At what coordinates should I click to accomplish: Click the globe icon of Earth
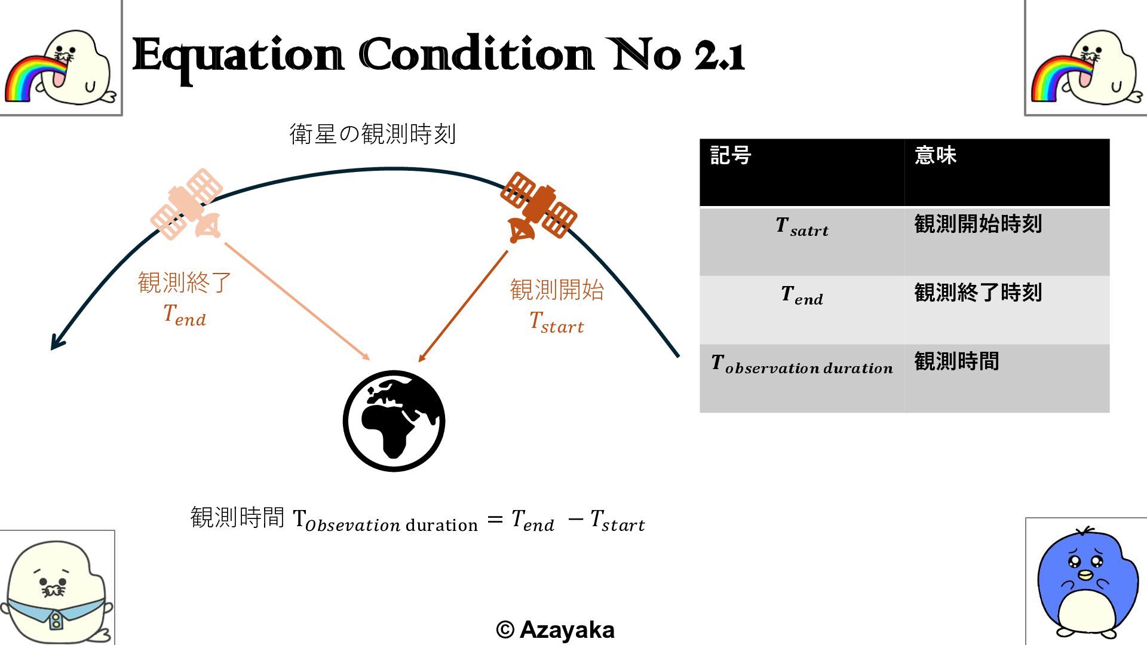(394, 421)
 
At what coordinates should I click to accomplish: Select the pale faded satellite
(186, 205)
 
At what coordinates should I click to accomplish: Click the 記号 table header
(731, 156)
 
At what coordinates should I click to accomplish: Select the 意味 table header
(936, 156)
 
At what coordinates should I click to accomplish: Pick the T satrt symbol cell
(802, 228)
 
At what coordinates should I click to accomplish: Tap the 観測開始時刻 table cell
(978, 224)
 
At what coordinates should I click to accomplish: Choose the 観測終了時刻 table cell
(978, 293)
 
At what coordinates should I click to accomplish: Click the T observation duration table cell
(802, 365)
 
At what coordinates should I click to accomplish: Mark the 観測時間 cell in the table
(956, 361)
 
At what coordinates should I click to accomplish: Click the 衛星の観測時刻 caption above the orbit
(373, 134)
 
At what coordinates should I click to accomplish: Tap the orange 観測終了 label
(185, 282)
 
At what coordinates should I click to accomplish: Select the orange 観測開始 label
(557, 290)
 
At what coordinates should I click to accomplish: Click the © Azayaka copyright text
(555, 629)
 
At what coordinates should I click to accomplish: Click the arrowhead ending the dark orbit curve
(56, 343)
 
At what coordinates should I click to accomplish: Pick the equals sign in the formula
(495, 520)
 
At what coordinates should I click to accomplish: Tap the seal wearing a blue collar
(57, 591)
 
